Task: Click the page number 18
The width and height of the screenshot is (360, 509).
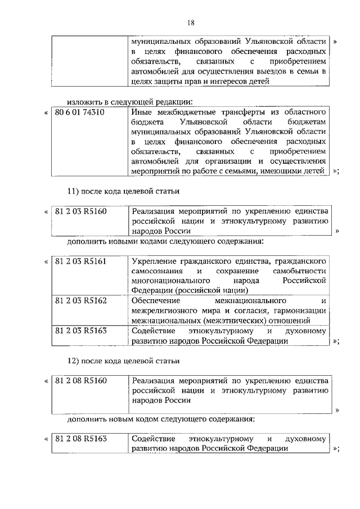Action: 190,22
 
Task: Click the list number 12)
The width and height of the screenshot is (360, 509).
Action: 76,360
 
